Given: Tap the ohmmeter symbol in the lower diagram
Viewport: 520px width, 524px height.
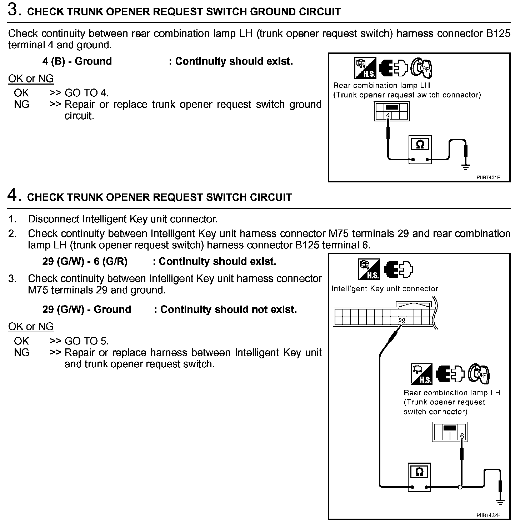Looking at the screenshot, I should tap(419, 472).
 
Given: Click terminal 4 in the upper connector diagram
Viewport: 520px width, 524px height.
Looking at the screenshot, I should tap(388, 115).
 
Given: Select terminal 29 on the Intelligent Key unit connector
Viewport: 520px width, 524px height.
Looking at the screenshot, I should tap(402, 321).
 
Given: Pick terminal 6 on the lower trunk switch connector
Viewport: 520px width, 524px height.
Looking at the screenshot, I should tap(462, 436).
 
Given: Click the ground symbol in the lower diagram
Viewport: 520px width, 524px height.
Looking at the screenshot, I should tap(500, 502).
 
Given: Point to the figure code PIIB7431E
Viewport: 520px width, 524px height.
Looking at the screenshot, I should tap(488, 177).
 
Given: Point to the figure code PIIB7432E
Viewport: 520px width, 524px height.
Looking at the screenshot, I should tap(488, 515).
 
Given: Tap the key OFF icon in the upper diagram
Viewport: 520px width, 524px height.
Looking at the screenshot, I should tap(421, 68).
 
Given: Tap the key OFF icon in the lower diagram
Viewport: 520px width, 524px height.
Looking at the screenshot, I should tap(479, 374).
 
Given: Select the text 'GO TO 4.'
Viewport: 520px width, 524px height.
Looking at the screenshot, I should tap(86, 93).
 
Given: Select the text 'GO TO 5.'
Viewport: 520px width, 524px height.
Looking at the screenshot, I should tap(86, 341).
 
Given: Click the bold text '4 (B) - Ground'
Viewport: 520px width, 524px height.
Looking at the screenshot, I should tap(77, 61).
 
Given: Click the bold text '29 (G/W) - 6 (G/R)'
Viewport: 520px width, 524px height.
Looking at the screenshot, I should tap(85, 262).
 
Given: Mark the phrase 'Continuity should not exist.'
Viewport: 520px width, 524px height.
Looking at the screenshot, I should tap(229, 309).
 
